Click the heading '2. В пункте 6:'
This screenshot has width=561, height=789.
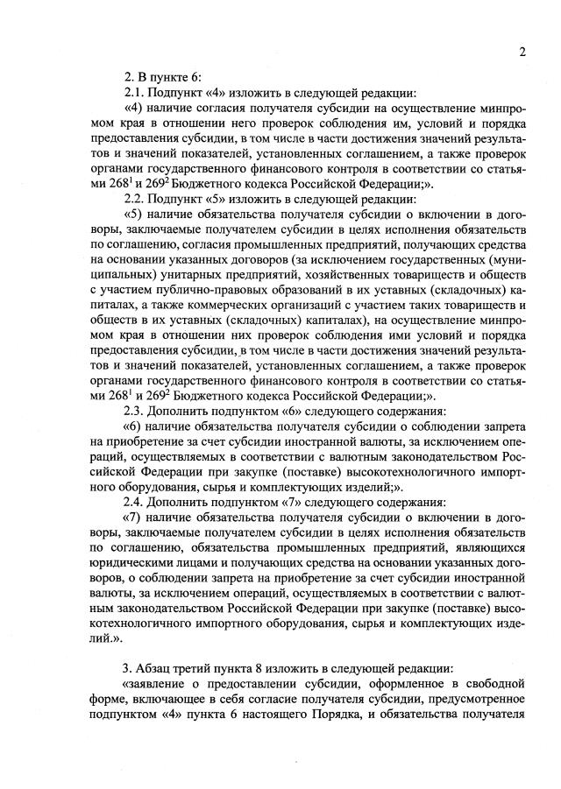pyautogui.click(x=162, y=76)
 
